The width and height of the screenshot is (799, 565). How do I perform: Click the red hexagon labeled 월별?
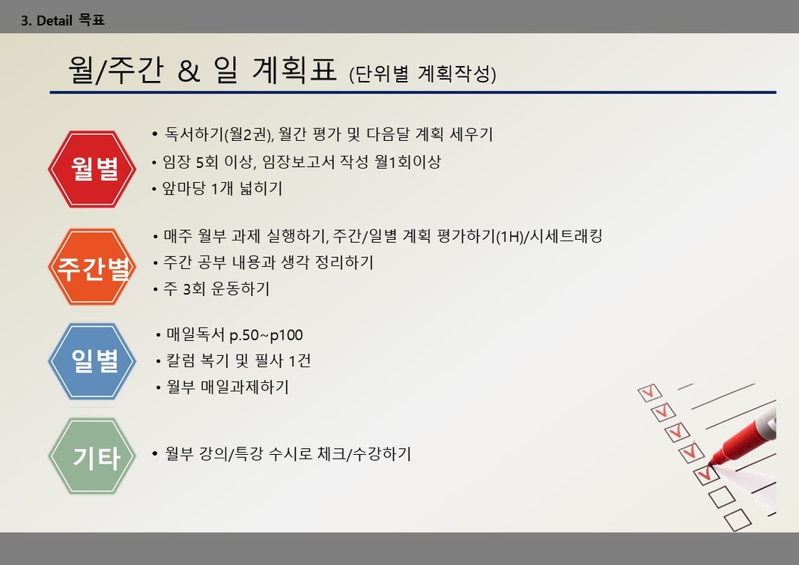tap(92, 169)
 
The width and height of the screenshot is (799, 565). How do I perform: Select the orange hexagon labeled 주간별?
tap(92, 267)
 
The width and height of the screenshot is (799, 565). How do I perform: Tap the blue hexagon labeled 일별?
tap(92, 361)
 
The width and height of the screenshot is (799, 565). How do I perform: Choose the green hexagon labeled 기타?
tap(92, 456)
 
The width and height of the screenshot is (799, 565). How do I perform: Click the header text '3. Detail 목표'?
tap(63, 20)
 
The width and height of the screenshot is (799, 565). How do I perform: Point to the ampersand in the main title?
tap(189, 71)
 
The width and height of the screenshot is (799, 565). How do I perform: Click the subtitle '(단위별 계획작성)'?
tap(422, 74)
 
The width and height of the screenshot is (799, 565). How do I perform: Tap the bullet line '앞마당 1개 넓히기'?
tap(222, 189)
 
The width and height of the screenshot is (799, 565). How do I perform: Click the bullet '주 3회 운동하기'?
tap(216, 289)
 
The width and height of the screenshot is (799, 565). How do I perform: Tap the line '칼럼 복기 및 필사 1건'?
tap(238, 361)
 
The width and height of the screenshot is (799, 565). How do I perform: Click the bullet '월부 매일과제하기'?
tap(227, 387)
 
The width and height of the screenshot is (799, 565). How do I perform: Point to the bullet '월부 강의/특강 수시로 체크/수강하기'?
tap(288, 454)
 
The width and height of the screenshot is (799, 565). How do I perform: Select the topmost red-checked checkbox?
tap(650, 393)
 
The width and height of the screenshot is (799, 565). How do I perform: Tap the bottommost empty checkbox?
tap(738, 520)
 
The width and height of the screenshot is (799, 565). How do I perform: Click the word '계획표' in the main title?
tap(294, 70)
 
